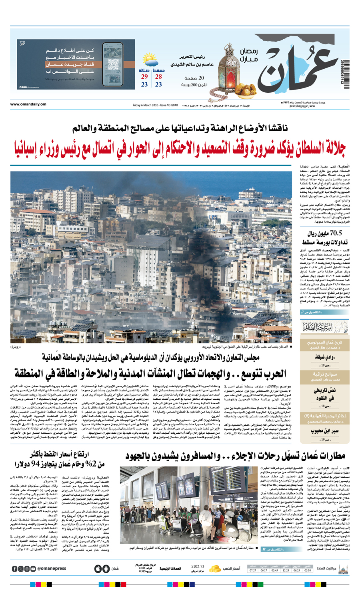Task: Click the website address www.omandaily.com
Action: pyautogui.click(x=28, y=105)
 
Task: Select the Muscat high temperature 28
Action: pyautogui.click(x=158, y=77)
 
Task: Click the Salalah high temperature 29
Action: pyautogui.click(x=144, y=77)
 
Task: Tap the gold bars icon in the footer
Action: pyautogui.click(x=216, y=568)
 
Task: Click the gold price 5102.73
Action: pyautogui.click(x=198, y=566)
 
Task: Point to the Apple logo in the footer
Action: pyautogui.click(x=98, y=569)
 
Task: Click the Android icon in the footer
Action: pyautogui.click(x=106, y=569)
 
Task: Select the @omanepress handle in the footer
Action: pyautogui.click(x=52, y=568)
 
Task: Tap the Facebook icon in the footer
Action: pyautogui.click(x=15, y=569)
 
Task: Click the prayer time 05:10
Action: pyautogui.click(x=307, y=570)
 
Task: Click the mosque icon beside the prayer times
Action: pyautogui.click(x=343, y=568)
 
